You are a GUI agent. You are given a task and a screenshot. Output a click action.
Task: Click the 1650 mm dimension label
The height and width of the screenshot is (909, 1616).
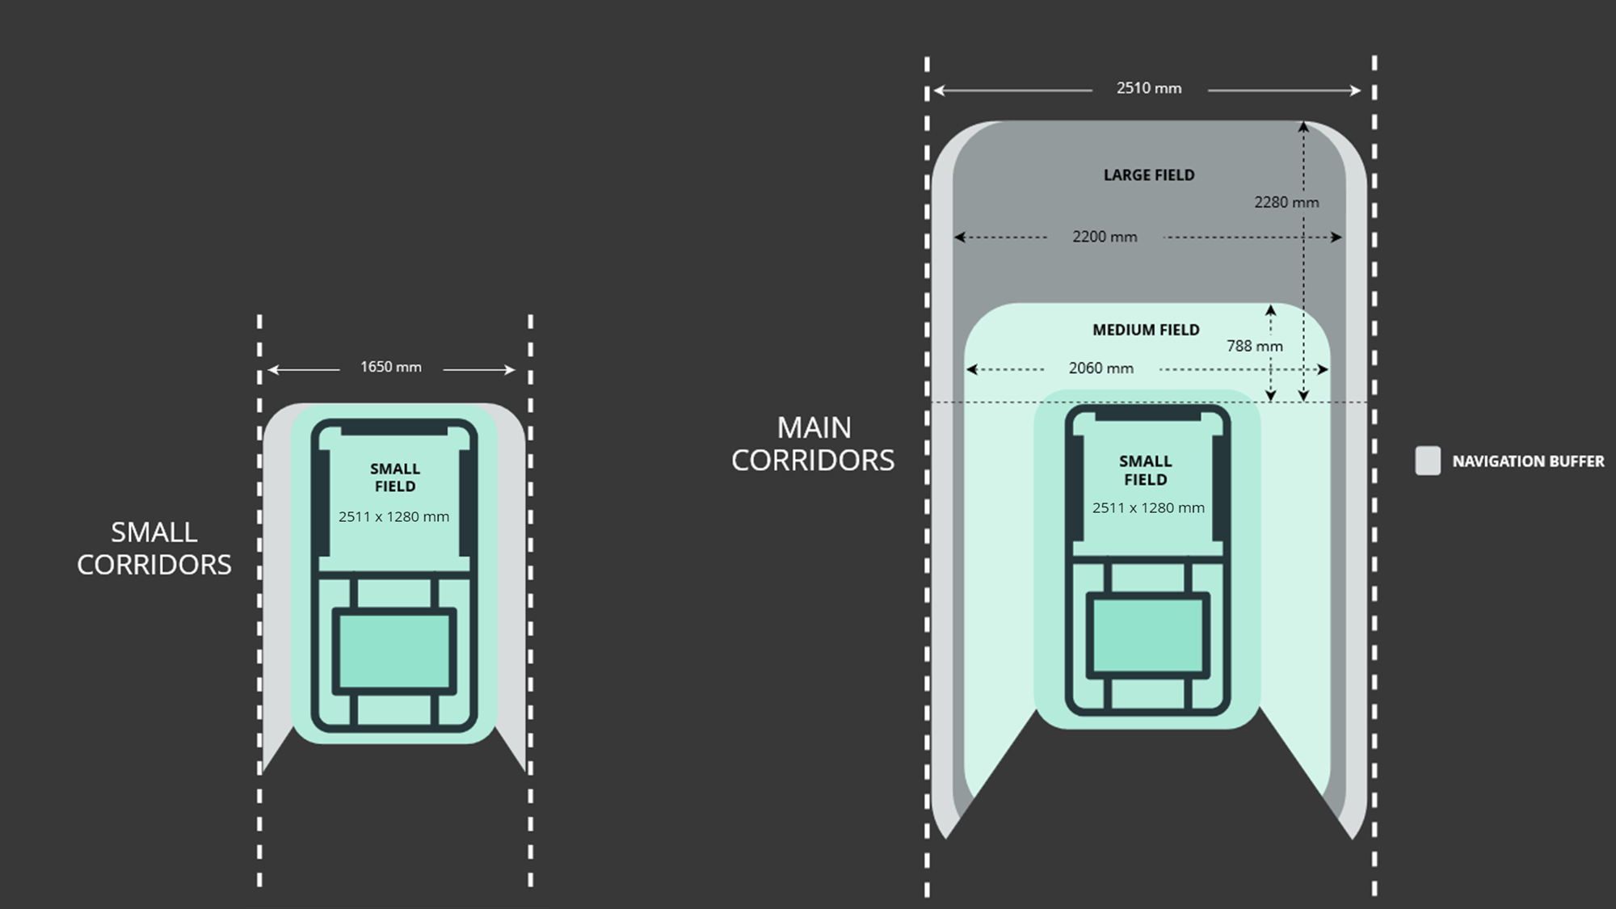391,367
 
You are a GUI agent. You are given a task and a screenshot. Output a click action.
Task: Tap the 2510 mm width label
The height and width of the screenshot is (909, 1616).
1148,88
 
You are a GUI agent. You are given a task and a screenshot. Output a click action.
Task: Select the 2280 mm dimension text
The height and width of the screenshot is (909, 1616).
1286,202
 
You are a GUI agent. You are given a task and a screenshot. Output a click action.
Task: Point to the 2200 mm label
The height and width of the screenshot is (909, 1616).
1105,237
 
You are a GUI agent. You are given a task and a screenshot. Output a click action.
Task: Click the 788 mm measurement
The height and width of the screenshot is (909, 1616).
1254,346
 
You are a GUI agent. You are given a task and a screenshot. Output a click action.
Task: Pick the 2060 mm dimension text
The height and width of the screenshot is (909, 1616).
1100,368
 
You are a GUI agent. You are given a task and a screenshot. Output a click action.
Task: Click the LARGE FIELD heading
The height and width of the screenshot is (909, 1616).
1148,175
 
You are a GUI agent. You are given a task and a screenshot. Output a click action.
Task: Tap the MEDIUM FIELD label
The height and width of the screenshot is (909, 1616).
1146,330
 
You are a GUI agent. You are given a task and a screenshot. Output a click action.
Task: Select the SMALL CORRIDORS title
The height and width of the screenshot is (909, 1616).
154,548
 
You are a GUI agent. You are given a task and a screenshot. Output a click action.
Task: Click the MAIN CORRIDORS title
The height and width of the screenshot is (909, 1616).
813,444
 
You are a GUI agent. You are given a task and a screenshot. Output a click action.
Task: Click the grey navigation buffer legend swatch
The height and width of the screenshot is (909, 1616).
1428,461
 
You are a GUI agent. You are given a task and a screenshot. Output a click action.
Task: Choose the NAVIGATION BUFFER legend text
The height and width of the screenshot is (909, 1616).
1528,461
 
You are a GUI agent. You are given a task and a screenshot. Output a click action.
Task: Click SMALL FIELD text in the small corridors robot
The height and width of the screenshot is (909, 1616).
395,478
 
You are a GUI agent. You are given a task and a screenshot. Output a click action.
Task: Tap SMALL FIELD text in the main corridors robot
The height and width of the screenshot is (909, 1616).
1145,470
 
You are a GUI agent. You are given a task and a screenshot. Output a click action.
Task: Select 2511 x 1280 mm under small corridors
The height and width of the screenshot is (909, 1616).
393,517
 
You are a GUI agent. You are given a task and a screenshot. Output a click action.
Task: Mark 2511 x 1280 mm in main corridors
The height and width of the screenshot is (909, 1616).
1148,508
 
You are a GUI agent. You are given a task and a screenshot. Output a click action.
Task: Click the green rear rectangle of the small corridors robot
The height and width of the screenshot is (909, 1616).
394,652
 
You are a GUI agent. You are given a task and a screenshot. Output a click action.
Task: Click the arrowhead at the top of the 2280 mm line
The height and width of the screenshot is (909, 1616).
1303,126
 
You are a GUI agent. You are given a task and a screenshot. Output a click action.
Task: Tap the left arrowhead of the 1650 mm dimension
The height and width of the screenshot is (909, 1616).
273,370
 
